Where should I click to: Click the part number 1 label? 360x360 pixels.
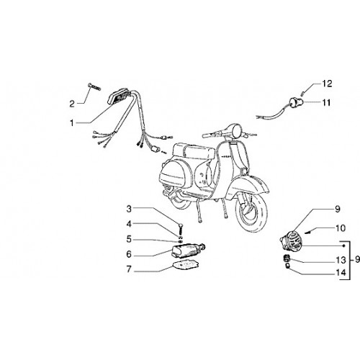pos(72,123)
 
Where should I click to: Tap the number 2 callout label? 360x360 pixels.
pos(72,104)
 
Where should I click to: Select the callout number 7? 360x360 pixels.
pos(129,269)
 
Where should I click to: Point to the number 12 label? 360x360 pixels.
pos(327,84)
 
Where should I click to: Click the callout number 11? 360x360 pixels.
pos(326,103)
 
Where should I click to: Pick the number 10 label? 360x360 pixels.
pos(341,228)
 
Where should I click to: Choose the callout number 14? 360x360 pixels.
pos(341,273)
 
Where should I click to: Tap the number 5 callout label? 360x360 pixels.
pos(129,239)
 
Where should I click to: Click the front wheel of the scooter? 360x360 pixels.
pos(252,215)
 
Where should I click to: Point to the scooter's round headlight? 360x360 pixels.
pos(236,130)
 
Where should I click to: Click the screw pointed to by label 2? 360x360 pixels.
pos(94,86)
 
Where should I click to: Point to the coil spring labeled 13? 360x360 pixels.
pos(287,259)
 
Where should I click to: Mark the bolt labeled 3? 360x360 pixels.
pos(181,229)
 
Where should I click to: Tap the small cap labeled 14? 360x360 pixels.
pos(287,266)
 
